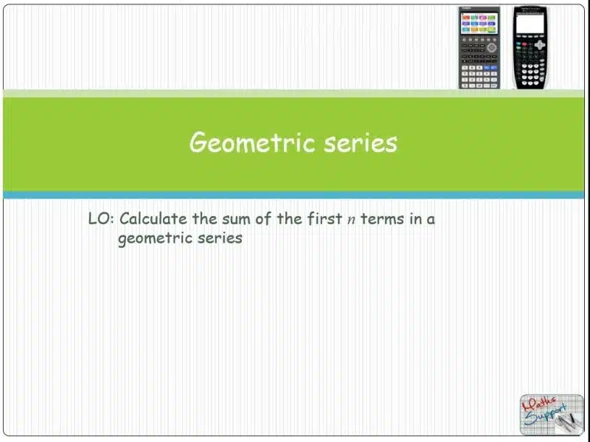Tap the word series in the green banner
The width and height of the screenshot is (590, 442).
pos(361,143)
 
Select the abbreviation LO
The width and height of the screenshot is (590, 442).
pos(99,218)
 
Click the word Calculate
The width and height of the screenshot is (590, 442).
pos(153,218)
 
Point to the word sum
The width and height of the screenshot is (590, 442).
pos(235,219)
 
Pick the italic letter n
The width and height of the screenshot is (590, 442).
pos(351,220)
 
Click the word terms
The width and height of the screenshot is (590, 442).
pos(382,219)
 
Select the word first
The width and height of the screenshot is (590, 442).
pos(324,218)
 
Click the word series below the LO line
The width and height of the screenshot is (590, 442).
pos(220,238)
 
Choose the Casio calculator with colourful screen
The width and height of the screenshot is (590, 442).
pos(479,48)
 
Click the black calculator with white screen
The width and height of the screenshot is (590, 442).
pos(530,48)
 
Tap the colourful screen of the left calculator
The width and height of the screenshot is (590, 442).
pos(479,24)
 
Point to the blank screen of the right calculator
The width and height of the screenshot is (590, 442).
pos(530,24)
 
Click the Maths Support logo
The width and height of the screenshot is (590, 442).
pos(552,415)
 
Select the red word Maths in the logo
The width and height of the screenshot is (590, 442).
pos(539,404)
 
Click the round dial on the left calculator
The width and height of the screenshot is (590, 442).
pos(491,47)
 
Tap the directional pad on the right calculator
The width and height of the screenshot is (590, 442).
pos(540,44)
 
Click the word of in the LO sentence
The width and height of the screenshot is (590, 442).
pos(263,218)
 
